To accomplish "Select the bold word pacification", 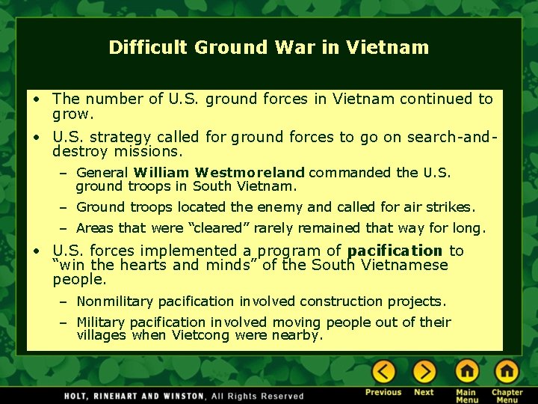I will (395, 251).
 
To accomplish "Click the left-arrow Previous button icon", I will (384, 372).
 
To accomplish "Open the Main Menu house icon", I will (467, 372).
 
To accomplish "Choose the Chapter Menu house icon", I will (507, 372).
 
